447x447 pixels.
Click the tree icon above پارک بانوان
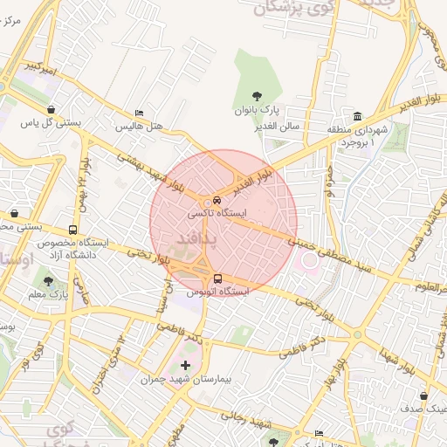[x=255, y=95]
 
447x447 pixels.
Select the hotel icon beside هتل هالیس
[x=139, y=113]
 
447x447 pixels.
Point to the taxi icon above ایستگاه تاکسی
[x=218, y=199]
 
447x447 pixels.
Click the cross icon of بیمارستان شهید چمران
[x=184, y=366]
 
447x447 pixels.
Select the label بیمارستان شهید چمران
[x=183, y=380]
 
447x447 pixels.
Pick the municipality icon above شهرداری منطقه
[x=358, y=117]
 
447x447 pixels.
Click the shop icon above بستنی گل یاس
[x=54, y=108]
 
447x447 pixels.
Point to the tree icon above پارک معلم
[x=47, y=281]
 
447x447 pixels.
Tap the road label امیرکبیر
[x=40, y=66]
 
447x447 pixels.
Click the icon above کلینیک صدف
[x=423, y=395]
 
